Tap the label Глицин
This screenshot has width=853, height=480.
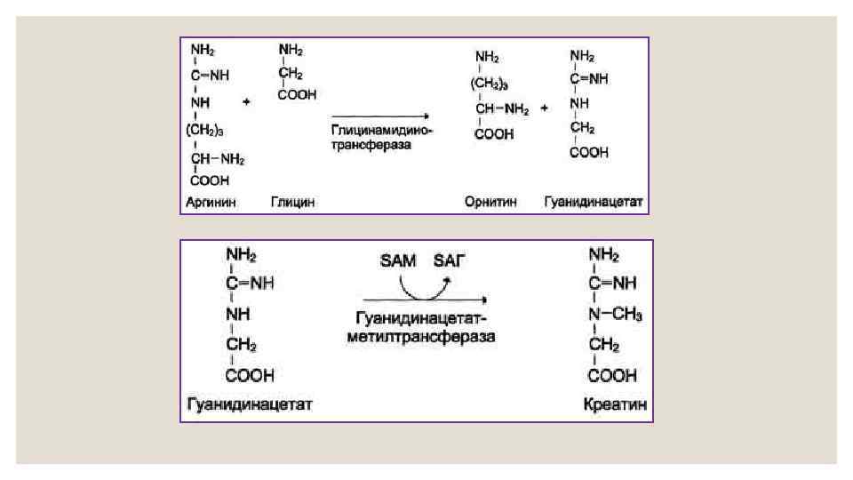tap(293, 203)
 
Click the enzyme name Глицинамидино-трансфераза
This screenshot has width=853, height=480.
tap(380, 137)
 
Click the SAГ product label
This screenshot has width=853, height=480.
tap(449, 260)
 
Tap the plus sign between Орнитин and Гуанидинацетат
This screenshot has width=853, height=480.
tap(545, 108)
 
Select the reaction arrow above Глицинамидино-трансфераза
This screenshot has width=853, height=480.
tap(380, 116)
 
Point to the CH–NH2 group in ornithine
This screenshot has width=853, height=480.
tap(502, 110)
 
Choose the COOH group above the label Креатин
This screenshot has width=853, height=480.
tap(612, 375)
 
